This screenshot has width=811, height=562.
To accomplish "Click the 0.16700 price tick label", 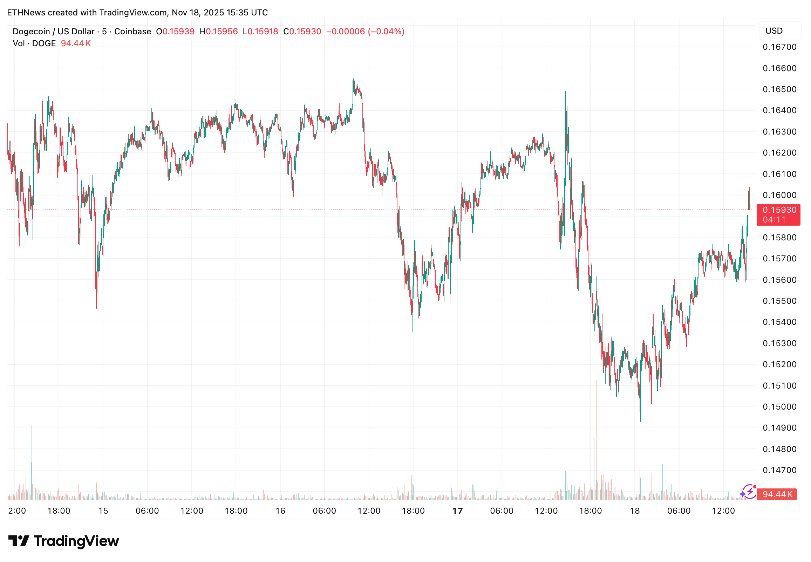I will click(779, 47).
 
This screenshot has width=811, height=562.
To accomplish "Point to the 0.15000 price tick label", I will click(779, 407).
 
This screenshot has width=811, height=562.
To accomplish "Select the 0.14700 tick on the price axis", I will click(779, 470).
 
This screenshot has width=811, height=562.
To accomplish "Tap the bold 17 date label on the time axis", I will click(457, 511).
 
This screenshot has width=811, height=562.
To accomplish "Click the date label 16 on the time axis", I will click(280, 511).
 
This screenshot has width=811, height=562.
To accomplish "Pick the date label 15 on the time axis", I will click(103, 511).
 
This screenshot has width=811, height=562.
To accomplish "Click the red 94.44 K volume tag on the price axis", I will click(777, 494).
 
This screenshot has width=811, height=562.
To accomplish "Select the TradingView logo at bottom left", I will click(64, 541).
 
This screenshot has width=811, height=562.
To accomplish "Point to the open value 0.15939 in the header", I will click(178, 32).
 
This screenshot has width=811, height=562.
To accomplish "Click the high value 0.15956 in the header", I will click(222, 32).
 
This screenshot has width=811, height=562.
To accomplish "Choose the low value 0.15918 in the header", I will click(263, 32).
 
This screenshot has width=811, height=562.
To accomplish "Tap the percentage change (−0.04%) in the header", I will click(386, 32).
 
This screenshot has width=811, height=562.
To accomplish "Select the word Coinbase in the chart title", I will click(132, 32).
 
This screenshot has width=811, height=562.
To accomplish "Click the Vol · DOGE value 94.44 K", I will click(76, 44).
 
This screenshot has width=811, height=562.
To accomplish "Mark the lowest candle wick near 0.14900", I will click(640, 420).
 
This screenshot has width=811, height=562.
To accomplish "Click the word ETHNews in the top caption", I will click(26, 13).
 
